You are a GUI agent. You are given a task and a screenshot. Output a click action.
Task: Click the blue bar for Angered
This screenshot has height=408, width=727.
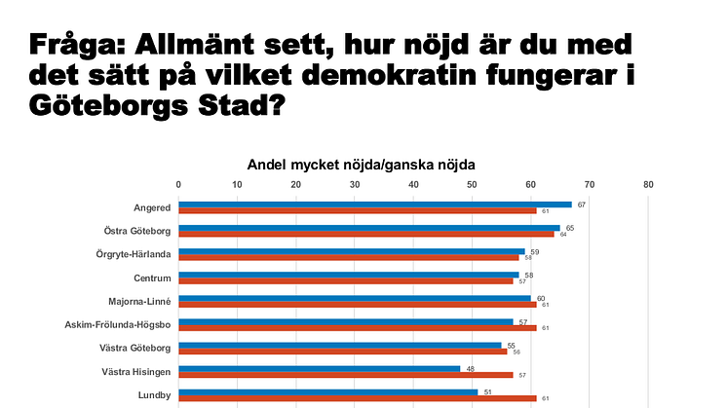click(x=375, y=204)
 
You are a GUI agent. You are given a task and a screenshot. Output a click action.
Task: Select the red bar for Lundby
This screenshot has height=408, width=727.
click(x=358, y=398)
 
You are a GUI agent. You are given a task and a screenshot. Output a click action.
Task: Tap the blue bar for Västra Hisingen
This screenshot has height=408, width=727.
click(x=320, y=368)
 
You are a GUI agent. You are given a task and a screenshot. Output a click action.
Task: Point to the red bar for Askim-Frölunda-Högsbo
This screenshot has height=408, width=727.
click(x=358, y=327)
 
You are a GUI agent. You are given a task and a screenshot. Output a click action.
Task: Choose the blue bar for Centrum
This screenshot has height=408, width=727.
click(x=349, y=275)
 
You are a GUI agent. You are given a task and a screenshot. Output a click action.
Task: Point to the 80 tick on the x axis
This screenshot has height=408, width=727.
click(x=648, y=184)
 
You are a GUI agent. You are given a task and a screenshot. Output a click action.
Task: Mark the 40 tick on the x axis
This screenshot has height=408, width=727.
click(x=413, y=184)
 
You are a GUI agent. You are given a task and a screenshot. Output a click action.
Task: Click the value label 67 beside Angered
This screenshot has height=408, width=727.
click(x=581, y=204)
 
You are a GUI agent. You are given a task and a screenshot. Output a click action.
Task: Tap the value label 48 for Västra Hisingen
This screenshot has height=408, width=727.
click(x=470, y=368)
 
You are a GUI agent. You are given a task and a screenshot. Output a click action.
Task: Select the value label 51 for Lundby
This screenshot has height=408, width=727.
click(x=487, y=391)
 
